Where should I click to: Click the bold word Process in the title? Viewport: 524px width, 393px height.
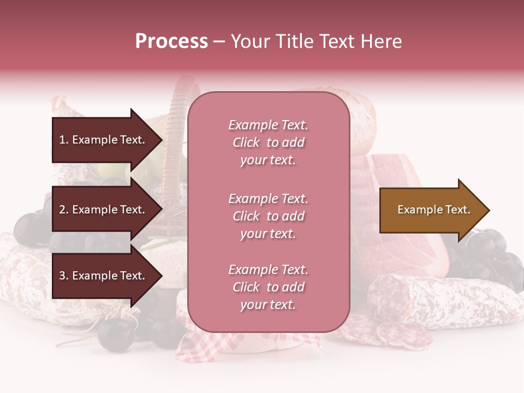[x=171, y=41]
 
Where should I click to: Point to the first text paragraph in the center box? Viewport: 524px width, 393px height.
[x=268, y=142]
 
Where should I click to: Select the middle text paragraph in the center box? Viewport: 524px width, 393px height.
[x=268, y=216]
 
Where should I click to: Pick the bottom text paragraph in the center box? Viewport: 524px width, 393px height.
[x=268, y=287]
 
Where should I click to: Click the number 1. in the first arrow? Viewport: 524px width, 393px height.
[x=64, y=140]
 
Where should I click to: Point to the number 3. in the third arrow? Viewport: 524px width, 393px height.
[x=64, y=276]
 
